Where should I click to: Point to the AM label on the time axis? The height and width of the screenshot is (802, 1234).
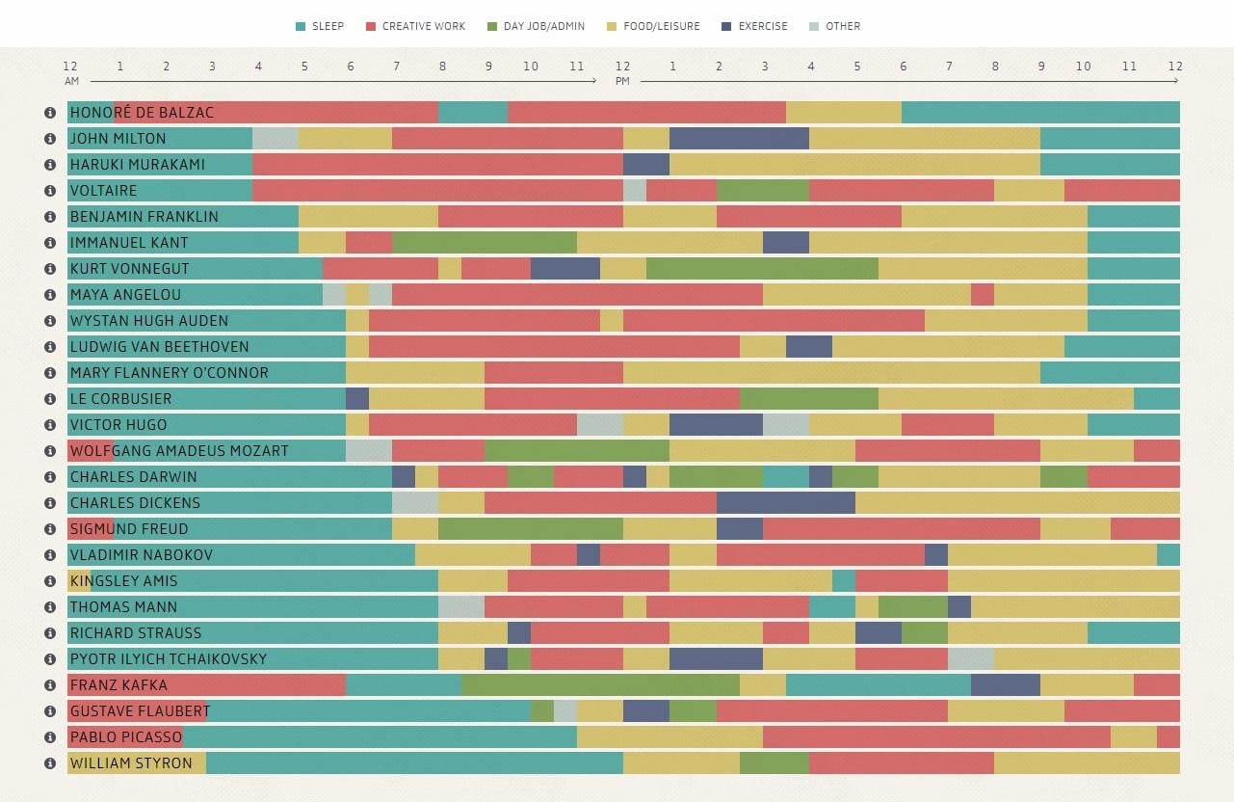[x=72, y=81]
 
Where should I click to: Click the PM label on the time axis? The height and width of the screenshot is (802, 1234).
[x=623, y=81]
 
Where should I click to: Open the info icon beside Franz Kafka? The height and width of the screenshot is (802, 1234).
[x=50, y=685]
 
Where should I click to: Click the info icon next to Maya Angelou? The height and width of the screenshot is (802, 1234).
[x=50, y=295]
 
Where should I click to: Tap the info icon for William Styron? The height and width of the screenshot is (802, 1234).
[x=50, y=763]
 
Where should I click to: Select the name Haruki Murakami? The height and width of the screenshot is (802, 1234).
[x=137, y=165]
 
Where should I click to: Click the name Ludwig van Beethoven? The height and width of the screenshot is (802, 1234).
[x=159, y=347]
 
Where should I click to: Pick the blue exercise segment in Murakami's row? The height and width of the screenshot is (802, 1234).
[x=646, y=165]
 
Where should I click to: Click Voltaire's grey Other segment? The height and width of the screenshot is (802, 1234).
[x=635, y=191]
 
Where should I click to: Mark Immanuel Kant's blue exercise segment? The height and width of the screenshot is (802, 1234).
[x=786, y=243]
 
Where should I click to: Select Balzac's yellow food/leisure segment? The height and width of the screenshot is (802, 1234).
[x=844, y=113]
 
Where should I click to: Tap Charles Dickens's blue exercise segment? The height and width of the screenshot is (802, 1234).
[x=786, y=503]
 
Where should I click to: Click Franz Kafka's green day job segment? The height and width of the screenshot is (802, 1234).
[x=601, y=685]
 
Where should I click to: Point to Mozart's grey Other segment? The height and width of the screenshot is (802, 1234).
[x=369, y=451]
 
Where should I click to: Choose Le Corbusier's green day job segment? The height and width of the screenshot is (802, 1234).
[x=809, y=399]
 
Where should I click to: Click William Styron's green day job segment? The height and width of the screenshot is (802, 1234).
[x=775, y=763]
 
